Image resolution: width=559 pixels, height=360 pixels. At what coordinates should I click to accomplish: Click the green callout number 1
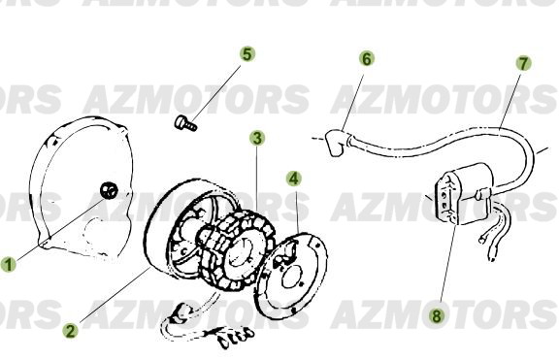coord(9,263)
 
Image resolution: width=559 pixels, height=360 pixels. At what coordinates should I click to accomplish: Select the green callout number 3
coord(256,138)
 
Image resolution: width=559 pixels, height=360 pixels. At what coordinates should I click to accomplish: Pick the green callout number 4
coord(293,179)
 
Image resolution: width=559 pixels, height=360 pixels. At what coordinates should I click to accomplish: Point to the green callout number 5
coord(247,54)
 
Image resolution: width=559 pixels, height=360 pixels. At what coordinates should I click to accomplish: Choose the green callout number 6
coord(366,58)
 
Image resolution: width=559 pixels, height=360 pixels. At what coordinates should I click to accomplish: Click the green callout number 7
coord(523,63)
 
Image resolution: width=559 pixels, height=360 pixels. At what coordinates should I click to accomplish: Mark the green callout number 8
coord(437,314)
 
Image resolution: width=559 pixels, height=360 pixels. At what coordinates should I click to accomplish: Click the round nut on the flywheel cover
coord(112,190)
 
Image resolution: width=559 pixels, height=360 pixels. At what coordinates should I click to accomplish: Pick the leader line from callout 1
coord(58,228)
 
